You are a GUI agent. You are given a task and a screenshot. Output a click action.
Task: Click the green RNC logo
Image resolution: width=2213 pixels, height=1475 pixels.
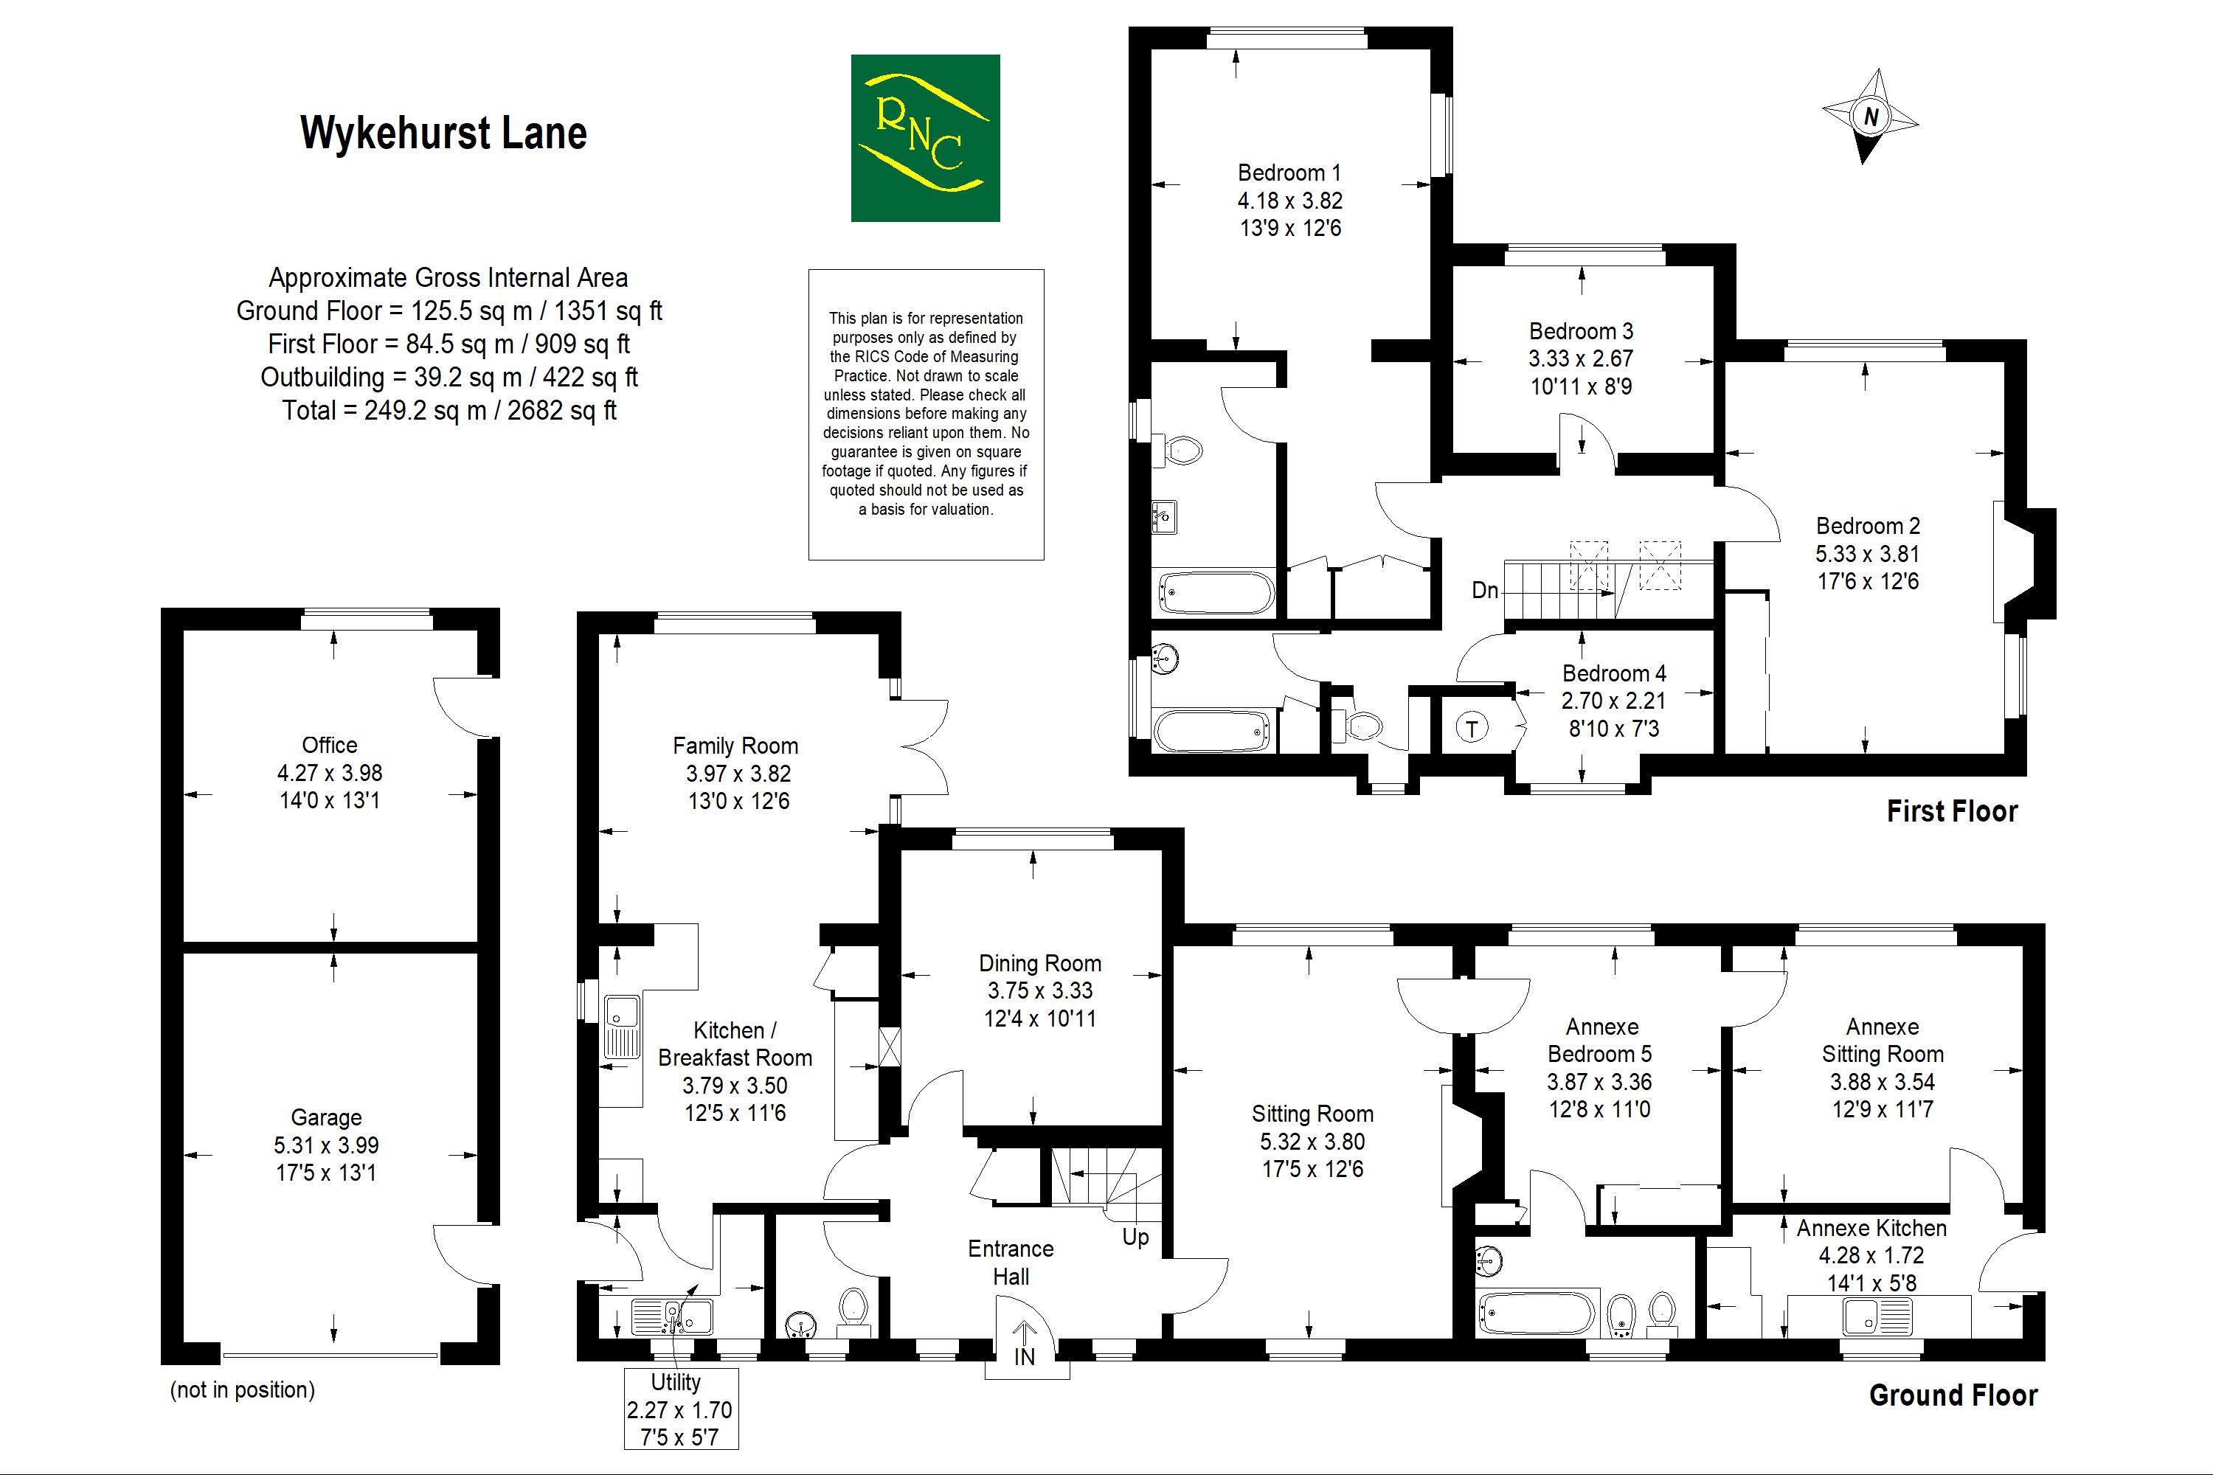[924, 139]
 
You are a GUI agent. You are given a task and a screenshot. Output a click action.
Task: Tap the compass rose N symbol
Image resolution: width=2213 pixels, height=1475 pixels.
[1869, 117]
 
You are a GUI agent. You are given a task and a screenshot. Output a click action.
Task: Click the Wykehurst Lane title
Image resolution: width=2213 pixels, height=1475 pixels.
[443, 133]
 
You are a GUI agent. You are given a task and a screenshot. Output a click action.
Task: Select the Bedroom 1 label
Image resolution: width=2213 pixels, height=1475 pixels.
[1288, 173]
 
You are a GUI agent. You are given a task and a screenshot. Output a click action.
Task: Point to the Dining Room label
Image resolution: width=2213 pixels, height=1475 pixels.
[1039, 963]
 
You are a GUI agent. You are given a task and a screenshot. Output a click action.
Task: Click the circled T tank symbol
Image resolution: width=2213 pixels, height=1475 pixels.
[1472, 727]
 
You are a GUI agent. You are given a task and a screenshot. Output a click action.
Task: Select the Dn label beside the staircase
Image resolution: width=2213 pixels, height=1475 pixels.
[1485, 590]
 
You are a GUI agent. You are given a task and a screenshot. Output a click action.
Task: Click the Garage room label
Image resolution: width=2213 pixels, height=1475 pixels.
[325, 1117]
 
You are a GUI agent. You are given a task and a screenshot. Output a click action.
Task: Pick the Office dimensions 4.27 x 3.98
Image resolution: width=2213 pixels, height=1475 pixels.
[329, 773]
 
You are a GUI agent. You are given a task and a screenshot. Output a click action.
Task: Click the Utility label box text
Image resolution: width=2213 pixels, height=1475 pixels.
[676, 1382]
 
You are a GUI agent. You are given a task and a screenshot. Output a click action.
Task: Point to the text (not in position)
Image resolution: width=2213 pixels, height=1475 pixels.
[242, 1390]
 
